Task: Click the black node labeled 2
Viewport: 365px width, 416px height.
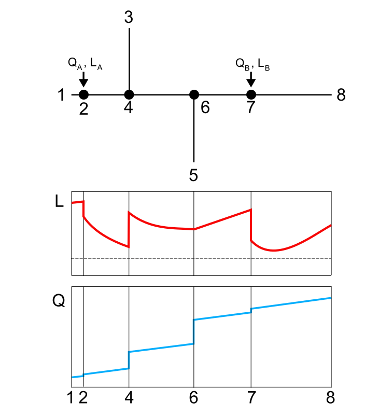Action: click(x=83, y=95)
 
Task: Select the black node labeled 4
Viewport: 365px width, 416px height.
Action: click(x=129, y=95)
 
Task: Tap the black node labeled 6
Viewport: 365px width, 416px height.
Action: click(x=194, y=95)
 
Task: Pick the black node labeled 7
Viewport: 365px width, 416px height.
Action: click(x=251, y=95)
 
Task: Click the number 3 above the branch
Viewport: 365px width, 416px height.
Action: click(x=129, y=18)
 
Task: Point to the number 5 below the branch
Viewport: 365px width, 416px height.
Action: click(x=193, y=175)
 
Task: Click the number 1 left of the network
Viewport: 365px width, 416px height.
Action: click(x=61, y=95)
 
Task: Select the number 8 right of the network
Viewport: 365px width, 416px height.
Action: click(x=341, y=95)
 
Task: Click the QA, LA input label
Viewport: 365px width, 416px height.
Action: click(x=85, y=64)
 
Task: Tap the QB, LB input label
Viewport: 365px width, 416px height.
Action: click(x=252, y=64)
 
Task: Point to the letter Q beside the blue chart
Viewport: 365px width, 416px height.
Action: click(x=59, y=301)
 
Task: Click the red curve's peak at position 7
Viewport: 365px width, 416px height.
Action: click(x=251, y=210)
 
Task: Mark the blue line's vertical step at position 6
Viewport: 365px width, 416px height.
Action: click(x=194, y=331)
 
